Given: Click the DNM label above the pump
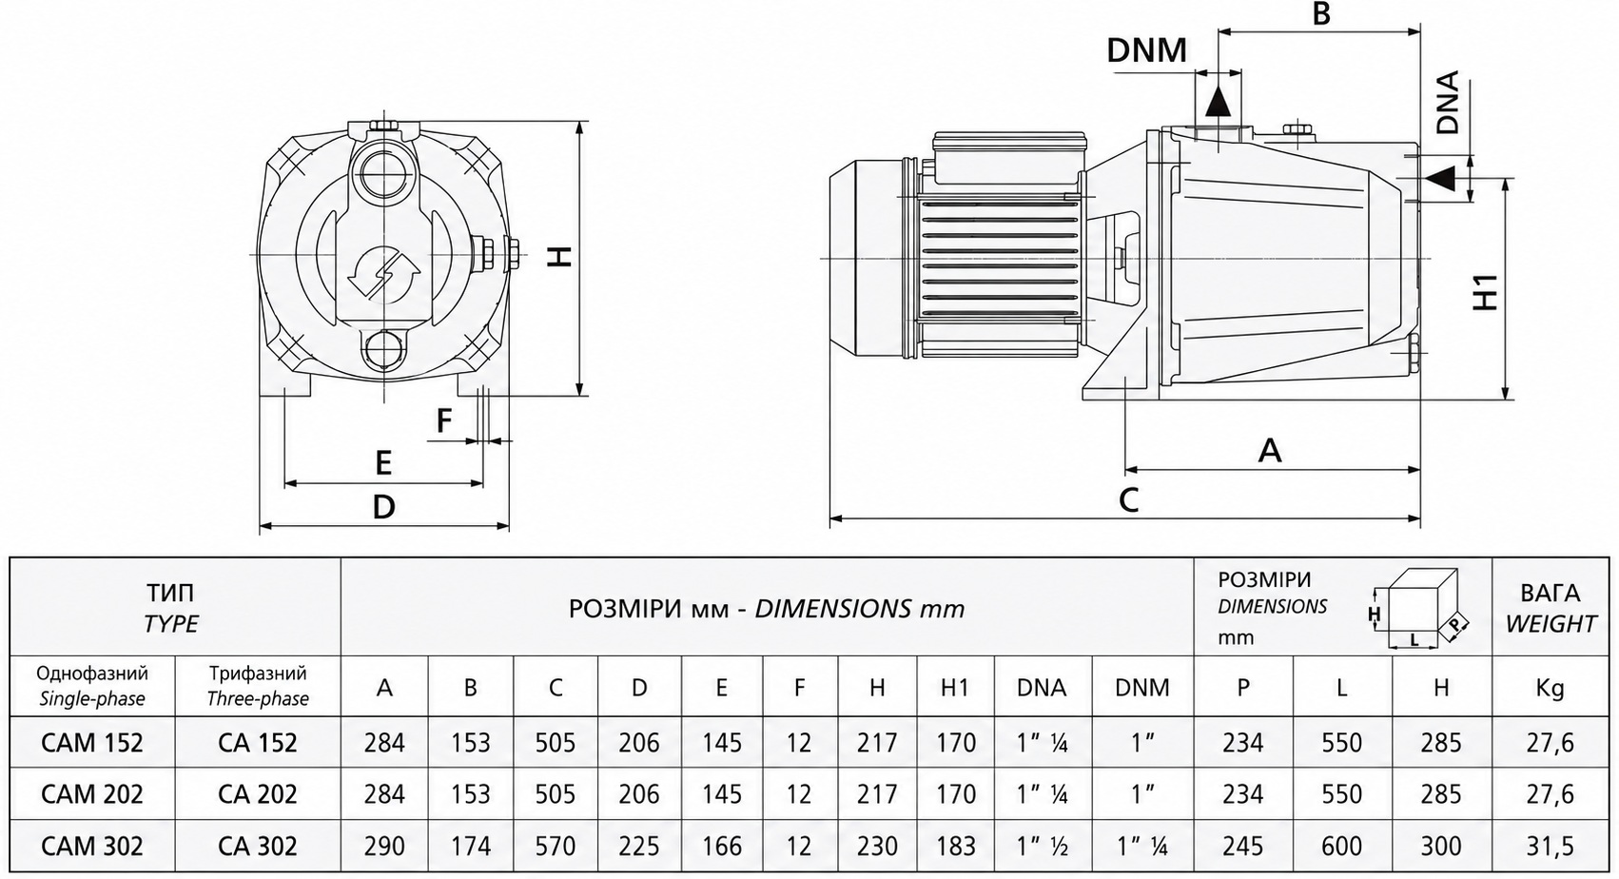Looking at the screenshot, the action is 1147,49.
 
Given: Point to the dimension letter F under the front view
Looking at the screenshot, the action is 444,420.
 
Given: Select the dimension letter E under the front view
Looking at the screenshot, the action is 383,462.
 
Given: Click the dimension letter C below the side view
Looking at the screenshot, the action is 1128,499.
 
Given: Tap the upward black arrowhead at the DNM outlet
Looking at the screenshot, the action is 1218,101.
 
